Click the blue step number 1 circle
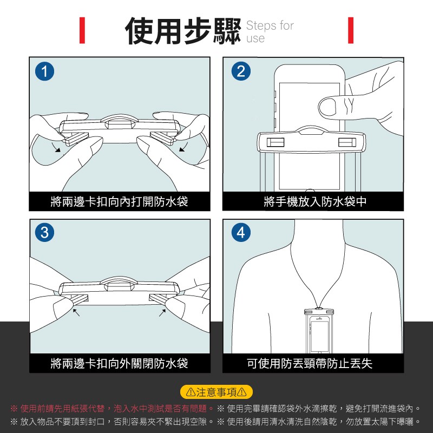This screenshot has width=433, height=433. (x=44, y=71)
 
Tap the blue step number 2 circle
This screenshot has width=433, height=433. (x=241, y=71)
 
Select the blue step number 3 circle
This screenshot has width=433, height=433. (x=44, y=232)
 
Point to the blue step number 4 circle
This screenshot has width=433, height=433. (x=241, y=232)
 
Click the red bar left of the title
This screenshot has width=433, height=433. (x=82, y=30)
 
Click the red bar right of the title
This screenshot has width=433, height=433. (x=351, y=30)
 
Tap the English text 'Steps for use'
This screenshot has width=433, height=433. (x=270, y=31)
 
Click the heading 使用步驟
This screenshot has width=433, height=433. (x=183, y=31)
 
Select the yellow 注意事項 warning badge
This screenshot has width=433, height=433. (x=216, y=392)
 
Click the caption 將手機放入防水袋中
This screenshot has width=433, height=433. (x=315, y=201)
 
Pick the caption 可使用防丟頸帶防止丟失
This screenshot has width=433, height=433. (x=310, y=363)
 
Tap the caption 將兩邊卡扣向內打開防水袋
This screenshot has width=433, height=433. (x=119, y=201)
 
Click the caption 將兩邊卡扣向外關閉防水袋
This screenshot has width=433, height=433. (x=119, y=363)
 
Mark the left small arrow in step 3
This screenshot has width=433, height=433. (x=76, y=312)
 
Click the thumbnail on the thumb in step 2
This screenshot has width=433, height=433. (x=328, y=107)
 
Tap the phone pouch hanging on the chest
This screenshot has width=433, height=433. (x=319, y=331)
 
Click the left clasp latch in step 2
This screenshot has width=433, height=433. (x=275, y=142)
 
